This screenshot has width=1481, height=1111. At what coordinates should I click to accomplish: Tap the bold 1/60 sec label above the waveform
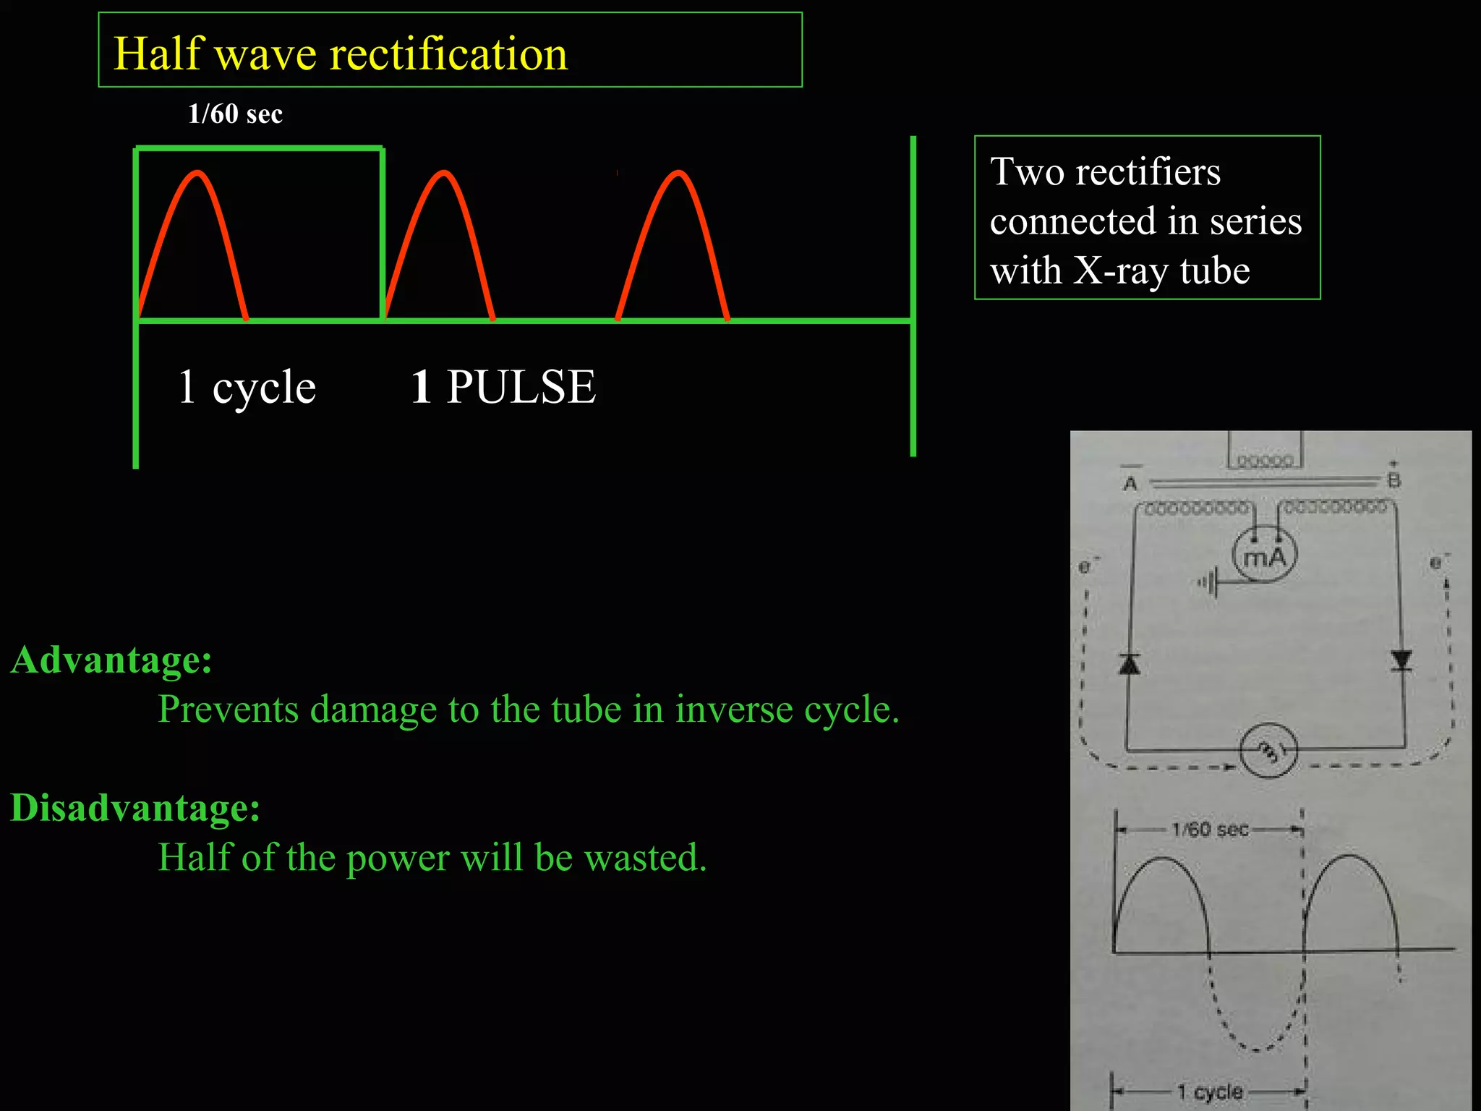click(x=235, y=114)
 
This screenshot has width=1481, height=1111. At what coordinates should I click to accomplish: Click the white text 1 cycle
click(x=247, y=387)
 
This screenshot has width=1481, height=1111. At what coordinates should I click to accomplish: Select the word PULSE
click(x=521, y=387)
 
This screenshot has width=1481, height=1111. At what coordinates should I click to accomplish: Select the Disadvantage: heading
click(x=135, y=807)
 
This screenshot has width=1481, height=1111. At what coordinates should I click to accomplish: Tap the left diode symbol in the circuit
click(x=1130, y=663)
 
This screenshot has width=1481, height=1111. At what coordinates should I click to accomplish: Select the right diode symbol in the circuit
click(x=1401, y=660)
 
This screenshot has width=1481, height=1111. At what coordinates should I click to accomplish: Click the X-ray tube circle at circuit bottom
click(x=1268, y=751)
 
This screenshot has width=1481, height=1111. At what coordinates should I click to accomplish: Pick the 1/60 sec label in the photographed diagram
click(x=1210, y=830)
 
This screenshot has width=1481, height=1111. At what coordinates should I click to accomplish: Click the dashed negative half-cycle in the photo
click(x=1257, y=1013)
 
